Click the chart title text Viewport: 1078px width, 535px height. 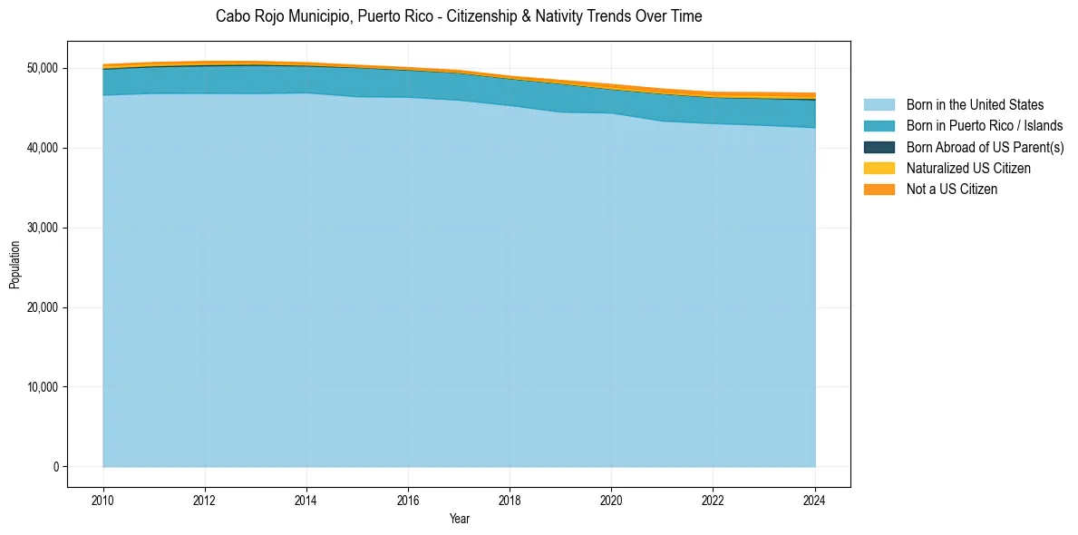coord(459,16)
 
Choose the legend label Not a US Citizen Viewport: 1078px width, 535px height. coord(952,190)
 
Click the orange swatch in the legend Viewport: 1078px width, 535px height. coord(879,190)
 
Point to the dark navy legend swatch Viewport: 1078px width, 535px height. coord(879,147)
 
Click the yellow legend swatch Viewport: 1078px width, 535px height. coord(879,169)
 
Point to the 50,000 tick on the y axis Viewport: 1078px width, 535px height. coord(43,68)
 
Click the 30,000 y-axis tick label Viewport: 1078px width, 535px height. coord(43,228)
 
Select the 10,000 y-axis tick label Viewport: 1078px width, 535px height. coord(43,387)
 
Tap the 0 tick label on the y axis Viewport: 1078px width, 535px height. coord(55,467)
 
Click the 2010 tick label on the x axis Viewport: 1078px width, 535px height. coord(103,499)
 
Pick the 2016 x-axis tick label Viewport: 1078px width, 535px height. coord(408,499)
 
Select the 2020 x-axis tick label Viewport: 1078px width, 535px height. coord(612,499)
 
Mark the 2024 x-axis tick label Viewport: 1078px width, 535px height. coord(815,499)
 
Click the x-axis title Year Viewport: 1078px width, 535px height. coord(459,519)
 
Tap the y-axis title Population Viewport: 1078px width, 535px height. coord(15,264)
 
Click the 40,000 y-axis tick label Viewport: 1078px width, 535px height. coord(43,148)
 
